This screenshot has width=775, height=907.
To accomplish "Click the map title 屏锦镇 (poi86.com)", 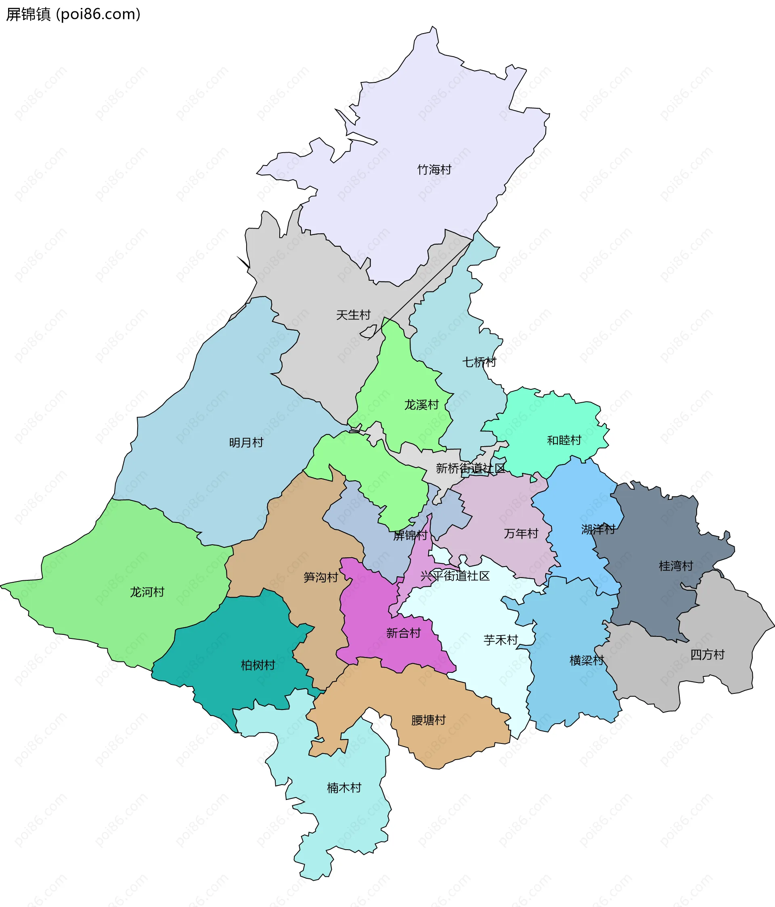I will (x=73, y=15).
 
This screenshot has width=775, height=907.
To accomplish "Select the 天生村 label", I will (x=353, y=315).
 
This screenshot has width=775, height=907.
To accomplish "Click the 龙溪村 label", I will (x=421, y=405).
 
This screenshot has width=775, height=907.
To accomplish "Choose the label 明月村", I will (x=246, y=443).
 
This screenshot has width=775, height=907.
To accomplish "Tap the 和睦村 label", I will (x=564, y=440).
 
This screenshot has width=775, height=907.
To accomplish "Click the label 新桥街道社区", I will (x=470, y=468).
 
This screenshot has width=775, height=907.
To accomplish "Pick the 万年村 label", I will (x=521, y=533).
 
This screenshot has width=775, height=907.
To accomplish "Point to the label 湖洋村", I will (x=598, y=529).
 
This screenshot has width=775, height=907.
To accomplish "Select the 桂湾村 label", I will (x=676, y=566).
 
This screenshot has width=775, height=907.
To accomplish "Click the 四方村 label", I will (x=707, y=655).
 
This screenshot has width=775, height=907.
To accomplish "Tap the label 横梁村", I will (x=586, y=660).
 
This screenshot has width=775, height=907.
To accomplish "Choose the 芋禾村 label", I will (x=501, y=640).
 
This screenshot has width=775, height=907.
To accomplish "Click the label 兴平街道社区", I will (x=455, y=576).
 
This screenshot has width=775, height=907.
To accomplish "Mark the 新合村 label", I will (x=403, y=633).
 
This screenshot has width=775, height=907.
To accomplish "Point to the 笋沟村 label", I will (x=321, y=577).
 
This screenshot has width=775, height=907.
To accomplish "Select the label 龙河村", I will (x=147, y=592).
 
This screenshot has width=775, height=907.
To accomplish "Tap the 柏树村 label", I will (x=258, y=666).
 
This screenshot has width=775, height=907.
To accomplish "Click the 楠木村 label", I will (x=344, y=788).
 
